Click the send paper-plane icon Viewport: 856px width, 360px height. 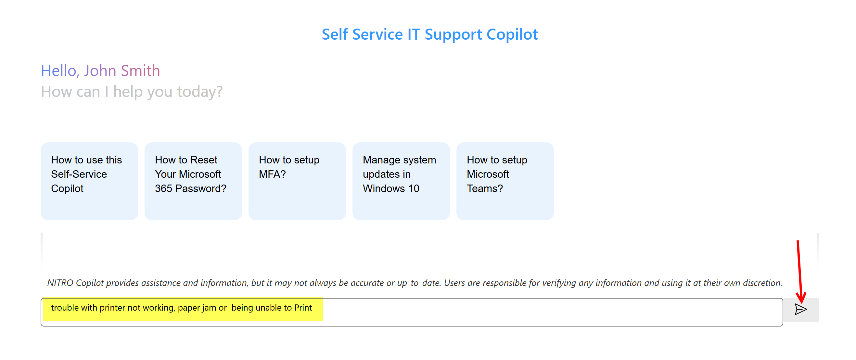[800, 309]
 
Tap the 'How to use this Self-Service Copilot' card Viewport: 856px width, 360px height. [89, 181]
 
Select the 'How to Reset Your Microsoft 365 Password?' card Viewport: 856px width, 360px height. [193, 181]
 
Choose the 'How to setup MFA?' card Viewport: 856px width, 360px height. [297, 181]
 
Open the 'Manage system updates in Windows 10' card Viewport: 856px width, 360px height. [401, 181]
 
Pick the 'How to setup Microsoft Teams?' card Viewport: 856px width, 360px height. [505, 181]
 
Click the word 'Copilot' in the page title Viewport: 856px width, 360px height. [512, 35]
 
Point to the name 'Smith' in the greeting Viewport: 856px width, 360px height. [140, 71]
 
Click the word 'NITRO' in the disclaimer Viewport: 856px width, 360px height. [60, 283]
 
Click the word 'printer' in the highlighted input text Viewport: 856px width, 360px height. [112, 308]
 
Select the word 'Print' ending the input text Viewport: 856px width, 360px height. [303, 308]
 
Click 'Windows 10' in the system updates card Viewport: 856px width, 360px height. [391, 188]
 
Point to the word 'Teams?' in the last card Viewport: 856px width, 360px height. [485, 188]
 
